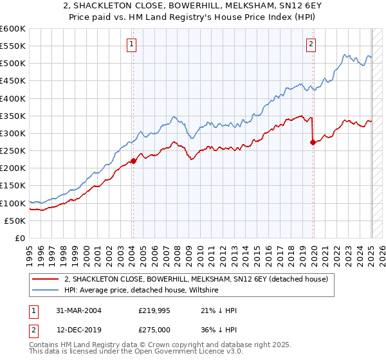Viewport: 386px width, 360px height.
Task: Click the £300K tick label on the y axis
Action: (x=12, y=133)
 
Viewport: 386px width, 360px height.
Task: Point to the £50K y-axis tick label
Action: (x=15, y=221)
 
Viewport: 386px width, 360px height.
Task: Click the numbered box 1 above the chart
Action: (x=131, y=44)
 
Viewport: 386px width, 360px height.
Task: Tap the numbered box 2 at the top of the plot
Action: (x=311, y=44)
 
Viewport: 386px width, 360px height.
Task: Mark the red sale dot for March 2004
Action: (x=133, y=161)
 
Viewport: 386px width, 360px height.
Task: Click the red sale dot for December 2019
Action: (x=313, y=142)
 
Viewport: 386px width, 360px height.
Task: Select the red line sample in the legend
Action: (x=45, y=279)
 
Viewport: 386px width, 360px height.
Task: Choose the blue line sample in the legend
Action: (x=45, y=291)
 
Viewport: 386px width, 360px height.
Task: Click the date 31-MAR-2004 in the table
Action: (x=77, y=310)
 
